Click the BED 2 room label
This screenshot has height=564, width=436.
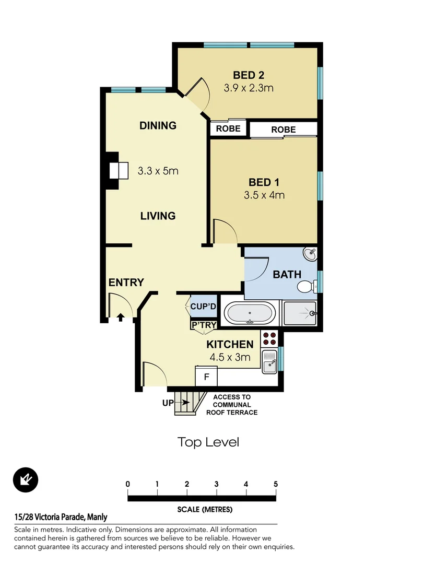click(249, 76)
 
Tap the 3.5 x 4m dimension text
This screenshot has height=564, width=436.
click(264, 195)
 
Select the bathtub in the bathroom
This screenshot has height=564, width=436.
click(250, 314)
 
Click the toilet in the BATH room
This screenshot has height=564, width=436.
click(305, 286)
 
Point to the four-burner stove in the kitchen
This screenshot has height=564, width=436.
click(269, 338)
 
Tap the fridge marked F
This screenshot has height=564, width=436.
click(206, 377)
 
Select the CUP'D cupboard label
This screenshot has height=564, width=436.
click(203, 307)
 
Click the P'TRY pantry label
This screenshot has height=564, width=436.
click(204, 325)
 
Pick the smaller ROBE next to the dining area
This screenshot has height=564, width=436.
click(228, 128)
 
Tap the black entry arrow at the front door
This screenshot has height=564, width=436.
click(120, 316)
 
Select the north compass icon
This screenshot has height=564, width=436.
click(26, 479)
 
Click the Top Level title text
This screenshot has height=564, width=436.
click(208, 442)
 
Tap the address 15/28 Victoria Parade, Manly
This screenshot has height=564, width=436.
click(61, 517)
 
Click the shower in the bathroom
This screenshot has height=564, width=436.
click(300, 313)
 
